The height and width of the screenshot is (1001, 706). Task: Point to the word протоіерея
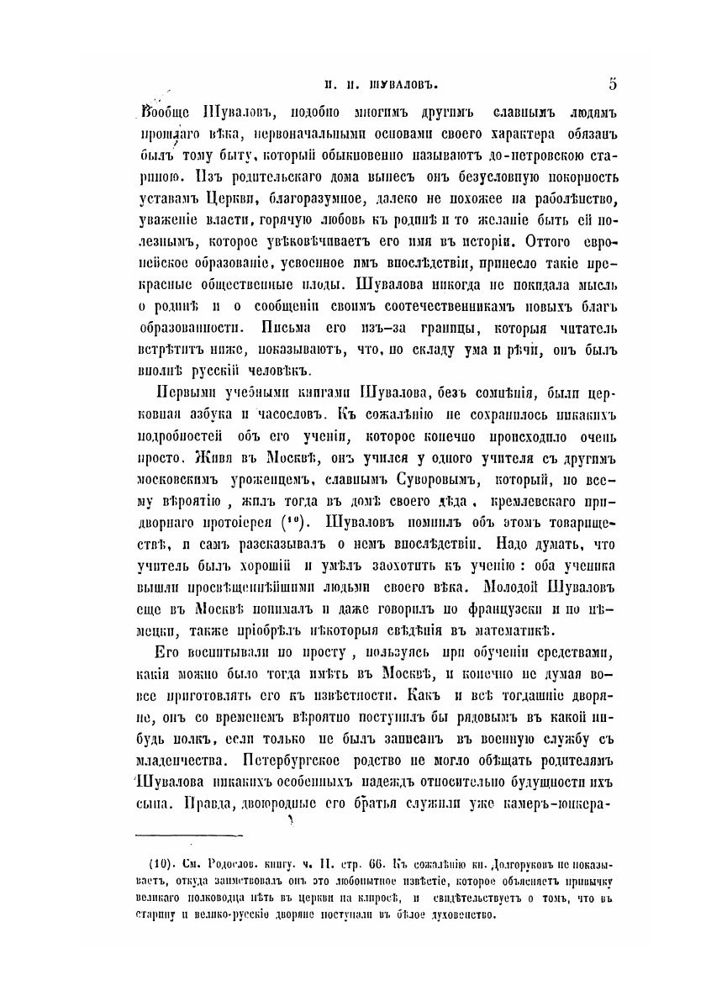click(x=240, y=521)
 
